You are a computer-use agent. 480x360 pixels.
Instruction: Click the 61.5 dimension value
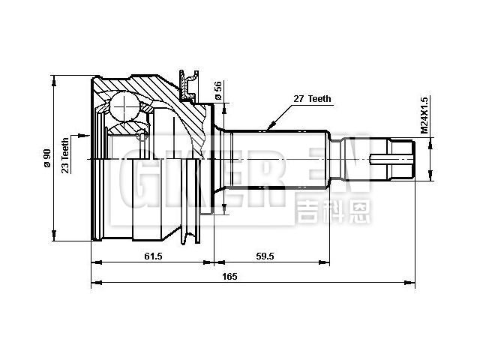tap(153, 256)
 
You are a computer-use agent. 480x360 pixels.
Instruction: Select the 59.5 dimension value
tap(264, 256)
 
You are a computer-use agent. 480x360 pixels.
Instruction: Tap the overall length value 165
tap(229, 277)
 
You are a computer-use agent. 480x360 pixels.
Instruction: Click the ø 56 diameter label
tap(217, 91)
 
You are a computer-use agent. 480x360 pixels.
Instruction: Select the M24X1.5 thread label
tap(424, 115)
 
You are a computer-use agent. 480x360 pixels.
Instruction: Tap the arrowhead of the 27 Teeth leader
tap(266, 128)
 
